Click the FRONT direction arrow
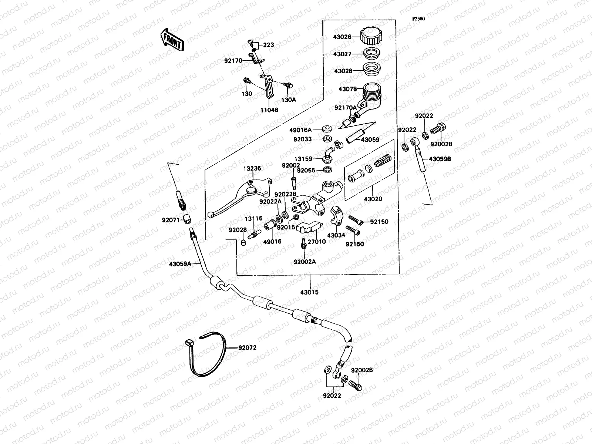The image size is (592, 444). point(172,40)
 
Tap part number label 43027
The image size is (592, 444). point(342,54)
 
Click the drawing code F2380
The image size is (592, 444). point(419,18)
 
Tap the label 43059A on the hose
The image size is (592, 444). point(180,264)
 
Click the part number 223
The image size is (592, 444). point(269,45)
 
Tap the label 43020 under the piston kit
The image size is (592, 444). point(373,199)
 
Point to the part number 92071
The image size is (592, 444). point(171,220)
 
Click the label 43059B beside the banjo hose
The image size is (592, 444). point(440,159)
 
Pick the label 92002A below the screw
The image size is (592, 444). point(305,262)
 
